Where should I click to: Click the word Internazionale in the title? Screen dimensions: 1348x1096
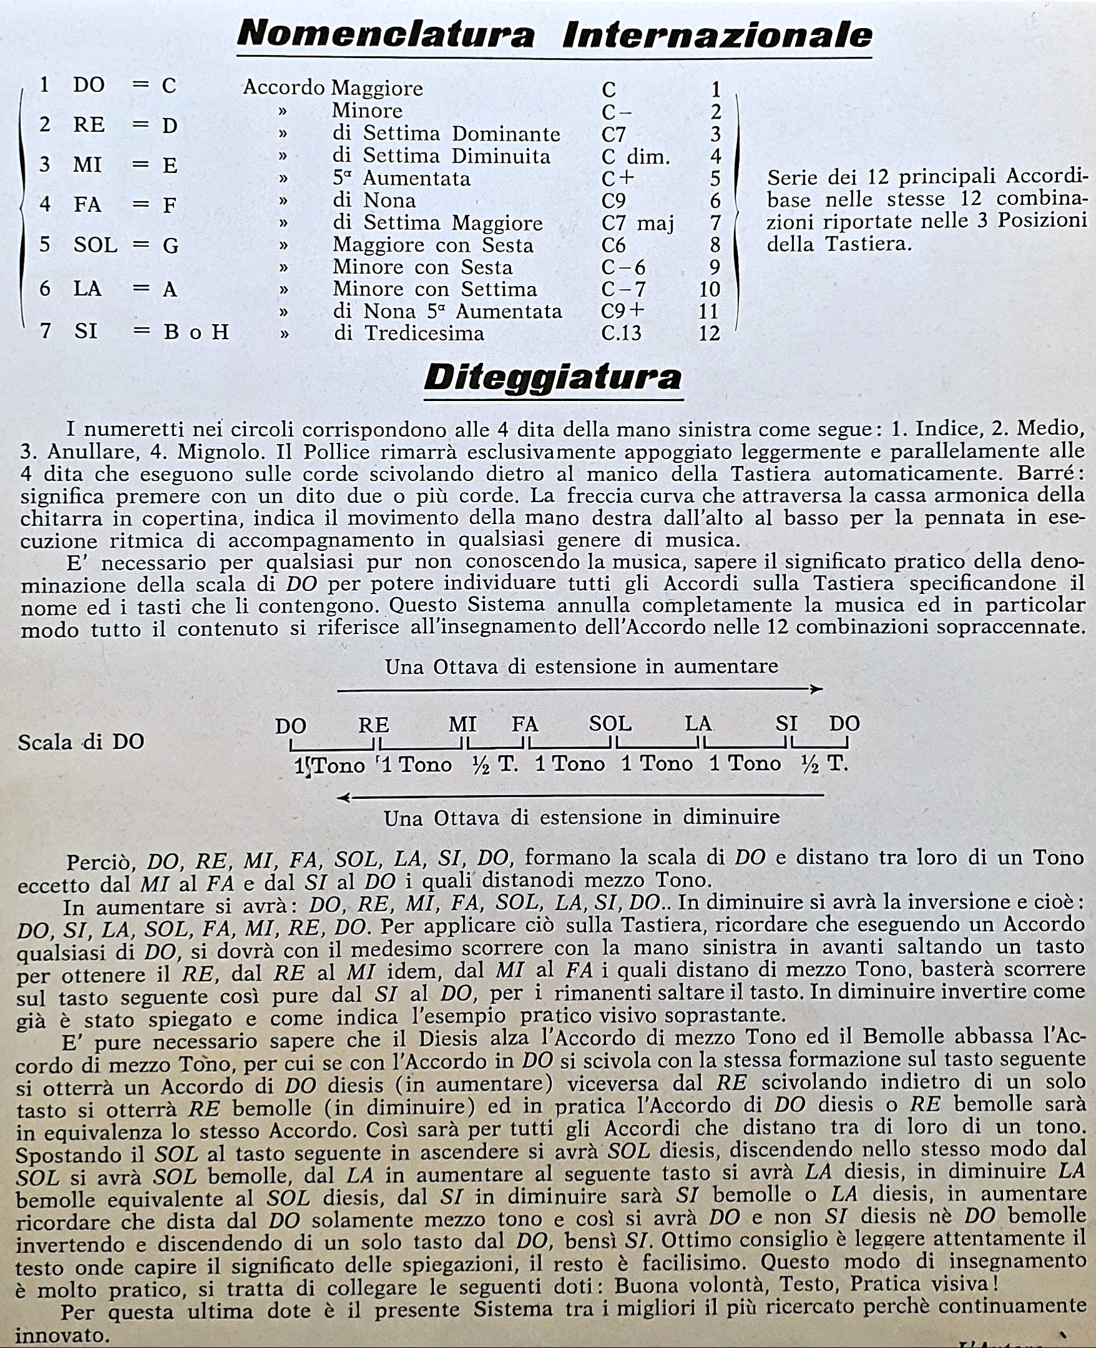pyautogui.click(x=717, y=35)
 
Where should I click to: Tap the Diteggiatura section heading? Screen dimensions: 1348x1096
pyautogui.click(x=553, y=378)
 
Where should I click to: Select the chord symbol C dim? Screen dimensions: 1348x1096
pyautogui.click(x=635, y=157)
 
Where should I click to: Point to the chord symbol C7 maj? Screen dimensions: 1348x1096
pyautogui.click(x=638, y=223)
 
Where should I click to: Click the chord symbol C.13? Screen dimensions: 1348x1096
pyautogui.click(x=621, y=333)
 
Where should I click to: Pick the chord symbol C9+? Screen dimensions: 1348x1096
pyautogui.click(x=622, y=311)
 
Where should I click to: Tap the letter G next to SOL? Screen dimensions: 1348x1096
pyautogui.click(x=170, y=245)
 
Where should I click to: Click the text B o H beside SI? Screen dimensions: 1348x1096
pyautogui.click(x=196, y=332)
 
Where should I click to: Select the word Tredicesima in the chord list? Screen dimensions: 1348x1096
pyautogui.click(x=424, y=333)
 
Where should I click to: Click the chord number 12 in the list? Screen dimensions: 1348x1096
pyautogui.click(x=709, y=333)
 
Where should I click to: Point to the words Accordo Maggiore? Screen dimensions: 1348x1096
pyautogui.click(x=333, y=88)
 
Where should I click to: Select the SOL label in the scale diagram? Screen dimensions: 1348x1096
pyautogui.click(x=610, y=724)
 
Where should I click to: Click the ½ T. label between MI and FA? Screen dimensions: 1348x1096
pyautogui.click(x=495, y=765)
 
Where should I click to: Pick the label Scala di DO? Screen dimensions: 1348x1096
pyautogui.click(x=81, y=741)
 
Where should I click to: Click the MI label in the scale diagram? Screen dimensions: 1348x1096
pyautogui.click(x=462, y=724)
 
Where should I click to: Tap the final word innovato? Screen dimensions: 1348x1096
pyautogui.click(x=62, y=1336)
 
